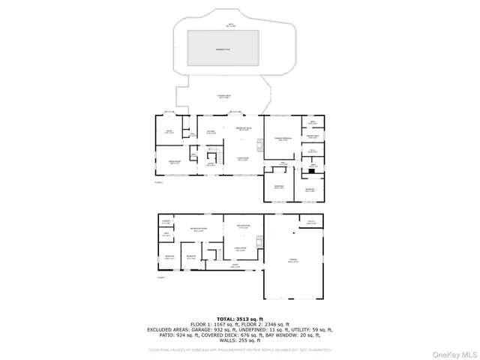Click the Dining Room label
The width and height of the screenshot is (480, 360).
coord(174,162)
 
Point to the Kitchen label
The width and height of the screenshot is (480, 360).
coord(211,132)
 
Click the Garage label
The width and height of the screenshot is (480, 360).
coord(293,261)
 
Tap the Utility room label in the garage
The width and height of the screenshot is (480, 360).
coord(310,222)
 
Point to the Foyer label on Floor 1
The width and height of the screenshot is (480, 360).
coord(235,265)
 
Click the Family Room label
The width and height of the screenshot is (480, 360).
coord(242,250)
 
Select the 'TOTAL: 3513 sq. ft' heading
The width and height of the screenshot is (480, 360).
coord(240,319)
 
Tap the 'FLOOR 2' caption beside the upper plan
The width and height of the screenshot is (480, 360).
coord(159,181)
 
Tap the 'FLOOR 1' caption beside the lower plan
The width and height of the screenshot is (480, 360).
coord(160,277)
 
